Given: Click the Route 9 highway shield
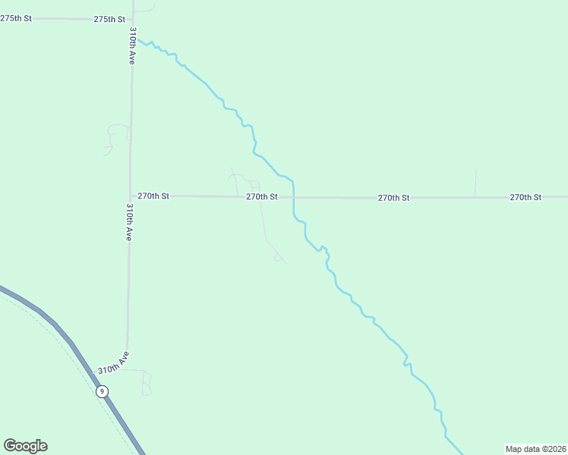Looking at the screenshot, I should click(x=102, y=391).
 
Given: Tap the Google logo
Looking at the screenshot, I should click(x=25, y=446).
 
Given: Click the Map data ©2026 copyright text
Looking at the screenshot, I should click(x=535, y=449).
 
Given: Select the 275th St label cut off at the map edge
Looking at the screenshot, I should click(x=16, y=17).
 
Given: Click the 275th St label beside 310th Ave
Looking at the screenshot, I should click(x=109, y=19).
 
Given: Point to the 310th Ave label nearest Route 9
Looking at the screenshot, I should click(x=114, y=362).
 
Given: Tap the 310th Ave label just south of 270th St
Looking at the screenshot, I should click(x=130, y=222).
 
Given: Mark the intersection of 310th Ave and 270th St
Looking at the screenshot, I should click(x=131, y=196).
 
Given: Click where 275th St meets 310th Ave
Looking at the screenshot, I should click(x=132, y=19).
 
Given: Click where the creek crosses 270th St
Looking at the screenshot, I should click(x=294, y=197).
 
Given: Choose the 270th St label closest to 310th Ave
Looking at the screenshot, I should click(x=153, y=196).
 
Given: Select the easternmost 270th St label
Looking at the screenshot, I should click(x=525, y=197).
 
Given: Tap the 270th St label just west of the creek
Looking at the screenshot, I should click(x=262, y=196).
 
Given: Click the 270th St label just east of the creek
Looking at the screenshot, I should click(x=394, y=197).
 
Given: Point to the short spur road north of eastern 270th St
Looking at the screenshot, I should click(x=475, y=182).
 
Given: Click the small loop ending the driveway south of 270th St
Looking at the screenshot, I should click(x=279, y=259).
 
